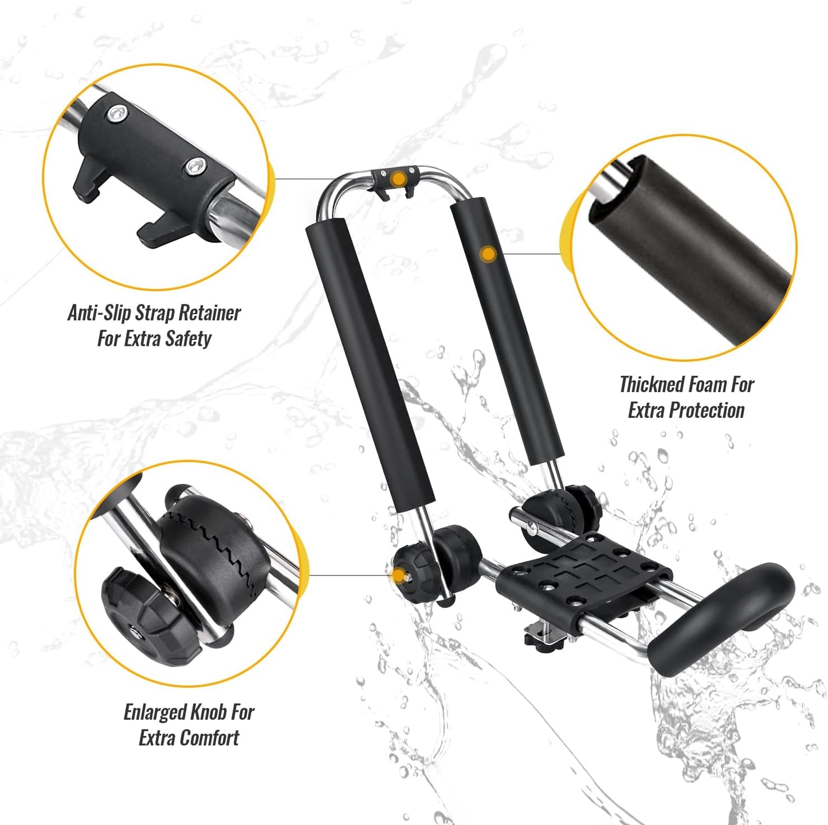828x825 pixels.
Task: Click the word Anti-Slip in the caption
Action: (x=99, y=313)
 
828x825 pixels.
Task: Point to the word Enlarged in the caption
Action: (x=154, y=712)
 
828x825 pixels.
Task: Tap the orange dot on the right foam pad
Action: (x=488, y=253)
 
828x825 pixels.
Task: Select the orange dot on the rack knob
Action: (x=397, y=576)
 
